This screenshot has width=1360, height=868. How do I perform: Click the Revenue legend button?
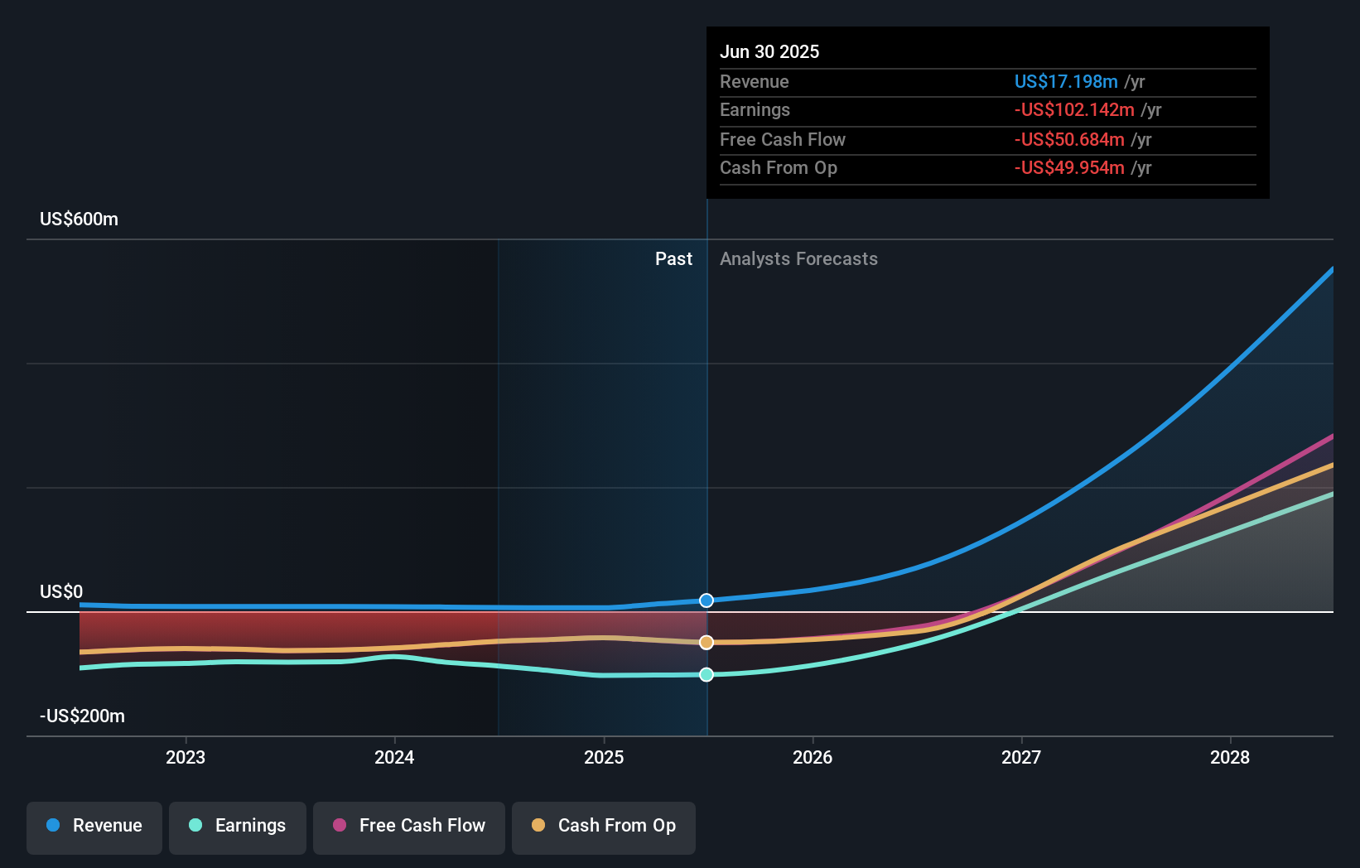(x=94, y=826)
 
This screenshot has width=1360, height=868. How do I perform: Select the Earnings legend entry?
(x=238, y=826)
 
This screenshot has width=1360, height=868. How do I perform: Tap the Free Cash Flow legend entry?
(x=409, y=826)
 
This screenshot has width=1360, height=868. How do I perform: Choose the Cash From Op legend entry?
(x=604, y=826)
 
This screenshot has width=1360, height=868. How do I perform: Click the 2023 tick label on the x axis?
(x=186, y=757)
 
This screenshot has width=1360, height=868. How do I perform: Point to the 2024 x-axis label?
(x=394, y=757)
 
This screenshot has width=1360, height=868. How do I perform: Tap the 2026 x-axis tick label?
(x=813, y=757)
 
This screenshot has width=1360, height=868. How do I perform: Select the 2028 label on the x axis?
(x=1230, y=757)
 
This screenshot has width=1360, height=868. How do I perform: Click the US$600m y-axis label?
(x=80, y=219)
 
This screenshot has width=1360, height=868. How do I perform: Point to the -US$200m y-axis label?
(x=82, y=716)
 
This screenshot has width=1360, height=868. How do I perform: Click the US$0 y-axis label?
(x=61, y=591)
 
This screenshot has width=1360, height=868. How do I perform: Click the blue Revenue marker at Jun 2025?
(x=707, y=600)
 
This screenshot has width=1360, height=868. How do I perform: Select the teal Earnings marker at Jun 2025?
(x=707, y=675)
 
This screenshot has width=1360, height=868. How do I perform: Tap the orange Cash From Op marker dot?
(x=707, y=643)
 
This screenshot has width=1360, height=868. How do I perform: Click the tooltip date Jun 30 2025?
(x=769, y=51)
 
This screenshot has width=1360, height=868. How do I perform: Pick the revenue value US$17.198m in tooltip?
(x=1066, y=81)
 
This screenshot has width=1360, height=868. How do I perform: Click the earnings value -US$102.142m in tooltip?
(x=1074, y=109)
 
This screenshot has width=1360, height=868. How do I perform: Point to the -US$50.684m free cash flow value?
(x=1069, y=139)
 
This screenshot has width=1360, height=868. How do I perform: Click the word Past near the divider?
(x=673, y=258)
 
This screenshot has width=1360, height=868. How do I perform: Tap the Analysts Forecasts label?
(x=798, y=258)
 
